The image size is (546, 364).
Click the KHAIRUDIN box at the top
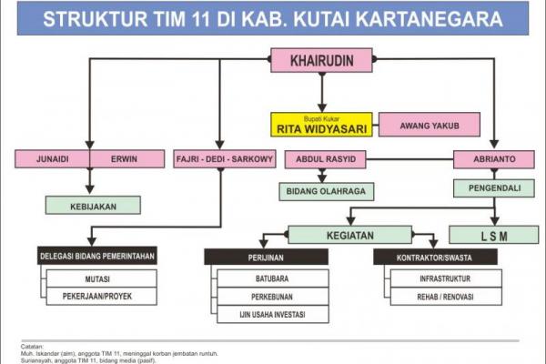tap(322, 60)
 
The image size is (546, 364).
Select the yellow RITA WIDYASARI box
tap(321, 125)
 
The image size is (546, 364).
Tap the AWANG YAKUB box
tap(430, 125)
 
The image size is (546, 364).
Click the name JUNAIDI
tap(53, 159)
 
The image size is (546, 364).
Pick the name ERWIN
tap(124, 159)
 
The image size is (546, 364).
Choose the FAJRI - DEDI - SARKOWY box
tap(225, 159)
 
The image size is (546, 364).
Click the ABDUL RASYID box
tap(326, 159)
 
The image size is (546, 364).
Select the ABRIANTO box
tap(494, 159)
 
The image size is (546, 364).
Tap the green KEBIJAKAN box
tap(93, 205)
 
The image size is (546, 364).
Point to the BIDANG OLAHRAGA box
tap(327, 192)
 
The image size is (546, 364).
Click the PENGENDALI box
tap(494, 188)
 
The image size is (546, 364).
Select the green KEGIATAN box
tap(350, 235)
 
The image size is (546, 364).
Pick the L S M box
tap(494, 235)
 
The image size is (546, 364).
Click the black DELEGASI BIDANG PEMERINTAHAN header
tap(97, 256)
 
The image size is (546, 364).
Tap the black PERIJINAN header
tap(266, 257)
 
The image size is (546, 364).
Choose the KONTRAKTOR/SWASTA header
tap(435, 257)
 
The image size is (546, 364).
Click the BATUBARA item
tap(273, 278)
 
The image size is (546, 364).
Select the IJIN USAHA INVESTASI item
tap(273, 314)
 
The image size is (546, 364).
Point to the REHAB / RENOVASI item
tap(446, 297)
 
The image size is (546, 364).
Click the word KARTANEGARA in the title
tap(429, 19)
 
